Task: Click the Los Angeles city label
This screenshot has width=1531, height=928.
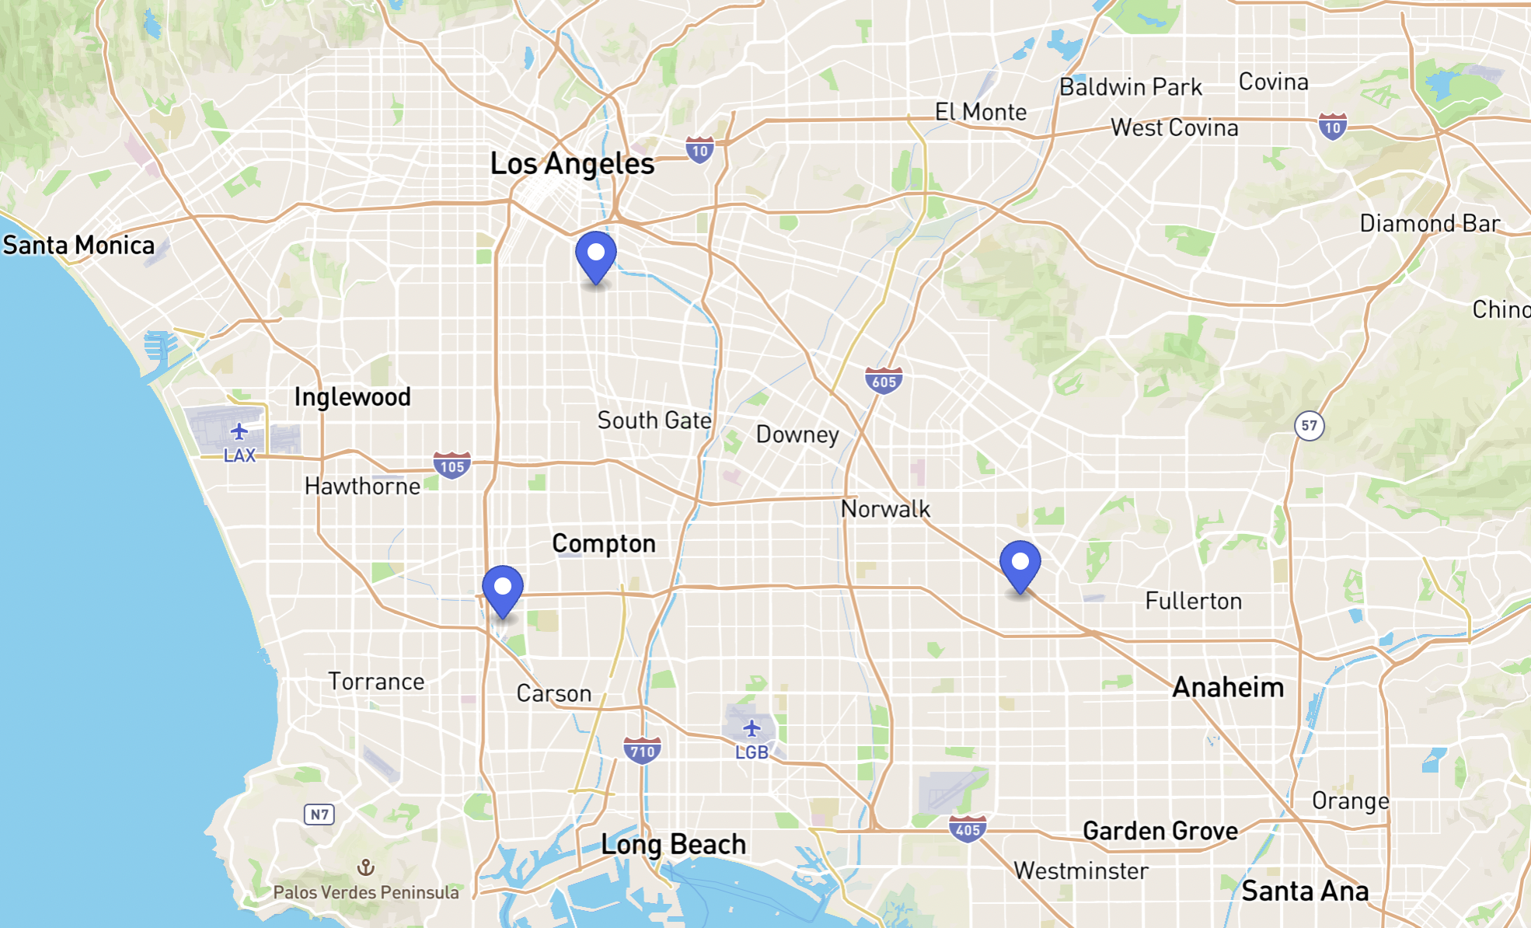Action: (572, 164)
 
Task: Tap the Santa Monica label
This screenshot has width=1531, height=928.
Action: (78, 246)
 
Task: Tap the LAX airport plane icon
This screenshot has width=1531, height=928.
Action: (239, 431)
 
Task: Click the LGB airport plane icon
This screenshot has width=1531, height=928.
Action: (752, 728)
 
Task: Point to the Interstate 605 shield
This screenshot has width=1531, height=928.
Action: (884, 381)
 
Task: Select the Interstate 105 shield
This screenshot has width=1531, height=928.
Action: (452, 466)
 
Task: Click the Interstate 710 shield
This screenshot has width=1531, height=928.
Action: (642, 751)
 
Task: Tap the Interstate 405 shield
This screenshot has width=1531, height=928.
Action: (968, 829)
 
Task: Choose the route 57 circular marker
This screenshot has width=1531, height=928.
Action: (1310, 425)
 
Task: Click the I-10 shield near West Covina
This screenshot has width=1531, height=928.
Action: (1332, 127)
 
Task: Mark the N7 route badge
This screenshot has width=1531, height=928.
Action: (319, 814)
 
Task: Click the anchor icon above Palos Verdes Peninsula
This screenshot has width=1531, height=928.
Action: (365, 867)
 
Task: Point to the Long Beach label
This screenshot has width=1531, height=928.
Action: (673, 845)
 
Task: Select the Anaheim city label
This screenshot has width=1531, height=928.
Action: (1228, 688)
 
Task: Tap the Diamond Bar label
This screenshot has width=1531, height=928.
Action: (1429, 224)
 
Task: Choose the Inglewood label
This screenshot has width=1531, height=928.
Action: (352, 397)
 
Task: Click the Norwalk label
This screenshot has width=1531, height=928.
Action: (885, 509)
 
